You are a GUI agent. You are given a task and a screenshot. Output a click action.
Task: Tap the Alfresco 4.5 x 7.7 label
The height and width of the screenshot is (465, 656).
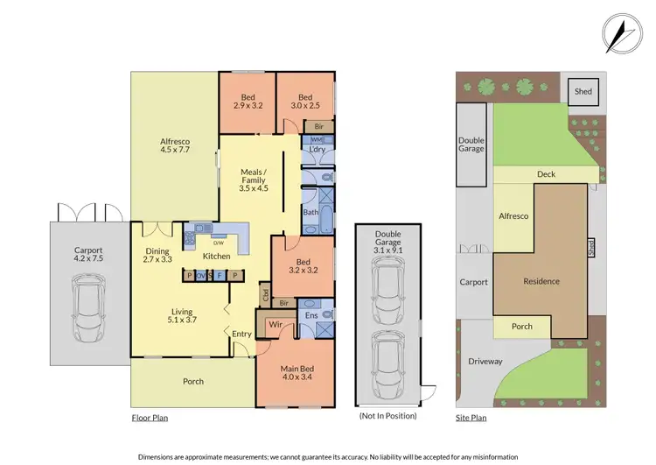(175, 145)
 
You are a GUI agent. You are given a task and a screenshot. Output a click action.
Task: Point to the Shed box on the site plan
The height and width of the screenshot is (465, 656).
(581, 90)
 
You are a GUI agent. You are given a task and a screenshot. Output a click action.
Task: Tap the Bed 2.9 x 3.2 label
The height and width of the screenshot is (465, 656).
(248, 102)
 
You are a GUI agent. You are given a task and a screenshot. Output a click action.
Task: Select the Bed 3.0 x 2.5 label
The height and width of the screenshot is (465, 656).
(304, 102)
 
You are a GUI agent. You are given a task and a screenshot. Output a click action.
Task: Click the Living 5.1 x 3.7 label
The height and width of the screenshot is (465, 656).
(181, 316)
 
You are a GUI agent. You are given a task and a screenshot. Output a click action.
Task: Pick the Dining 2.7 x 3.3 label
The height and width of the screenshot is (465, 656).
(158, 256)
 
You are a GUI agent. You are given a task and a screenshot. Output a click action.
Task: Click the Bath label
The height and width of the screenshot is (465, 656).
(311, 212)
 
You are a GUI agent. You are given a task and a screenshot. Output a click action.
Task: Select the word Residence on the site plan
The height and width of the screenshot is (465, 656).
(541, 281)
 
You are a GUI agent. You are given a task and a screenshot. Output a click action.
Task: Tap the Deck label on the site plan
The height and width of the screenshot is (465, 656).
(546, 174)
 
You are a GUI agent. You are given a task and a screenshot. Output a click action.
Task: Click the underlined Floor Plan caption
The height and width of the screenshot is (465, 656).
(150, 418)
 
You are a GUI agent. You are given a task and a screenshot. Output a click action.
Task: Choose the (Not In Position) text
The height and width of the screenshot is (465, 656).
(387, 416)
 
